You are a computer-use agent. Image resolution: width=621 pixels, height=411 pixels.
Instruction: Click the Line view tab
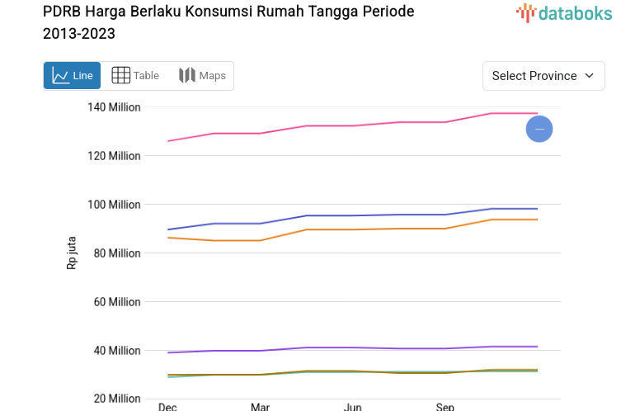tap(73, 76)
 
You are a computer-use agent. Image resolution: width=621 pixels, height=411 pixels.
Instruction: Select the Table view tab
tap(135, 76)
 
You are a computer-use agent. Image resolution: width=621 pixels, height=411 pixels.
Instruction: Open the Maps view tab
tap(202, 76)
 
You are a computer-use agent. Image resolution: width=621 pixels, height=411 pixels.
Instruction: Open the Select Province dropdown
tap(543, 76)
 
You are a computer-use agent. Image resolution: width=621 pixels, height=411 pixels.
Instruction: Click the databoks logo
tap(564, 12)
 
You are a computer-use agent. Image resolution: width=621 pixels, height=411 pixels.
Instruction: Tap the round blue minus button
tap(539, 129)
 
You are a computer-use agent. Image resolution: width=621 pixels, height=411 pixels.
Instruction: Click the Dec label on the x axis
tap(167, 406)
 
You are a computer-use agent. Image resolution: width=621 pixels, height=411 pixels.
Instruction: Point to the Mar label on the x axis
tap(260, 406)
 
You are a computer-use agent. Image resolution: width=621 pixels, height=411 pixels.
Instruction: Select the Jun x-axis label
tap(352, 406)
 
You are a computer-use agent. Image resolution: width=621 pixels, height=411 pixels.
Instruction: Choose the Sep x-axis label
tap(445, 406)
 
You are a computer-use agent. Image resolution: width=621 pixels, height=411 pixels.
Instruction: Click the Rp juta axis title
tap(72, 253)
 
